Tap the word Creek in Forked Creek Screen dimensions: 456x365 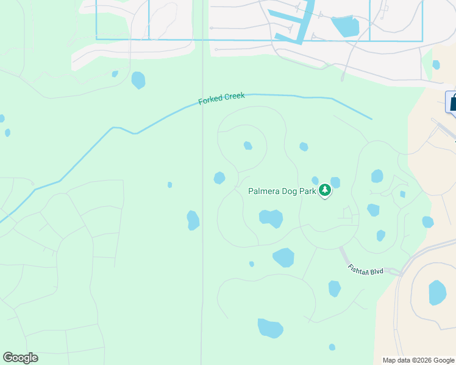click(x=234, y=96)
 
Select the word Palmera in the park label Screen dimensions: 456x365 click(x=264, y=191)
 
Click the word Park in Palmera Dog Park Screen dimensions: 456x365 click(x=308, y=191)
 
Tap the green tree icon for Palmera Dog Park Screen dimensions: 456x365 click(x=326, y=191)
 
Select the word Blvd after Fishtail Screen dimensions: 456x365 click(x=376, y=271)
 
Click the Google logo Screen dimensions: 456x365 click(x=20, y=358)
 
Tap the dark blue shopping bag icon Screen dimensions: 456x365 click(x=452, y=102)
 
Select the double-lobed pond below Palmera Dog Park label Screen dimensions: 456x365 click(x=271, y=218)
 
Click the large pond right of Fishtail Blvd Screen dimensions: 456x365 click(x=437, y=293)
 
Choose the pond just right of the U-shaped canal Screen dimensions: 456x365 click(x=345, y=26)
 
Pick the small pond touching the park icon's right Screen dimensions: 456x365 click(x=335, y=182)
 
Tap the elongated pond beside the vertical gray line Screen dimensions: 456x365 click(x=193, y=220)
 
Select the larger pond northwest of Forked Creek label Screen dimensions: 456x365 click(x=138, y=80)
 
